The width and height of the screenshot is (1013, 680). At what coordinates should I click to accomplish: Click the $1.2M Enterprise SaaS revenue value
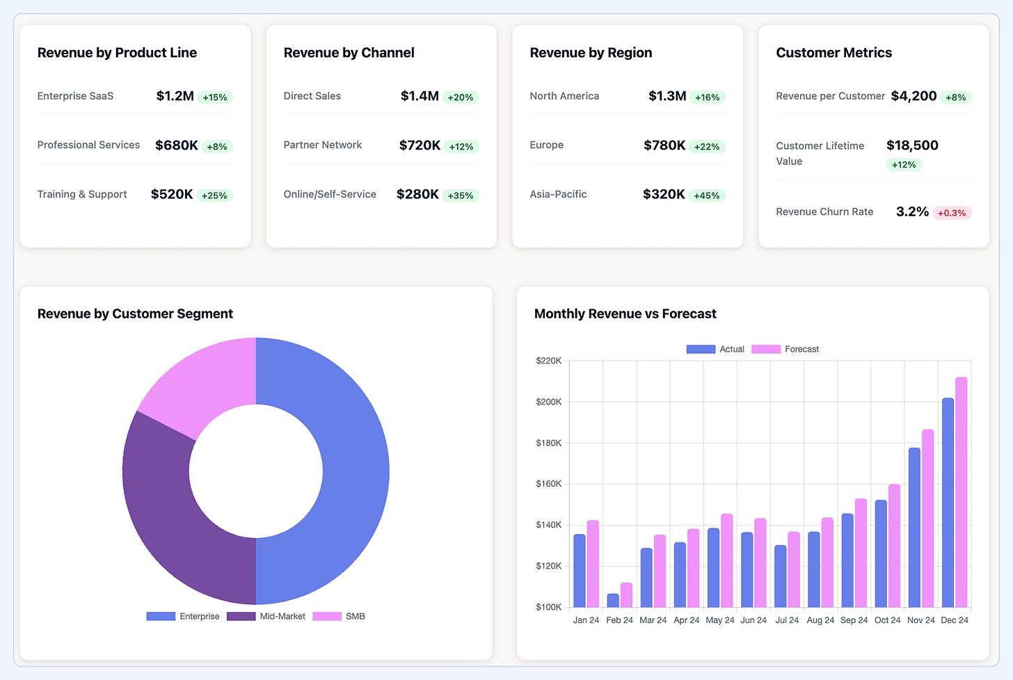[x=175, y=96]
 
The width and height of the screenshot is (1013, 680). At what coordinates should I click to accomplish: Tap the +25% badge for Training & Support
[x=214, y=196]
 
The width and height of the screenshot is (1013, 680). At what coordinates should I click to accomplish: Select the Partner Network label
[x=322, y=145]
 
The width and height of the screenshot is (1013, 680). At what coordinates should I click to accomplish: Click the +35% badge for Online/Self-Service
[x=460, y=196]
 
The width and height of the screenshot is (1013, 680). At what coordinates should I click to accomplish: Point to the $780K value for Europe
[x=664, y=145]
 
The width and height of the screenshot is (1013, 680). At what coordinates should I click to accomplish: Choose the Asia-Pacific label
[x=558, y=195]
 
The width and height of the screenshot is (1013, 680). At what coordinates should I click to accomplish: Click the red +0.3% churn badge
[x=951, y=213]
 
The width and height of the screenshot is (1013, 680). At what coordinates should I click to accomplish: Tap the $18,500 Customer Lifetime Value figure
[x=912, y=145]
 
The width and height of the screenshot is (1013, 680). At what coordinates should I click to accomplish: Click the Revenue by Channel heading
[x=349, y=53]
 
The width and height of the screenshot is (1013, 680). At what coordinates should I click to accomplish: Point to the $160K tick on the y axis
[x=548, y=484]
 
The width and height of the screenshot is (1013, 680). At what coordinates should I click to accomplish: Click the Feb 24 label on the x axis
[x=619, y=620]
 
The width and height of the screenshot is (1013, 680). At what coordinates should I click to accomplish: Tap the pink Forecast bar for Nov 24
[x=927, y=518]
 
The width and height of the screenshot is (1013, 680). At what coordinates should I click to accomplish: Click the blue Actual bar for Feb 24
[x=613, y=600]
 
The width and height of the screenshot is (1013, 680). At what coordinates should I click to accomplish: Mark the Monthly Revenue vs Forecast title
[x=625, y=314]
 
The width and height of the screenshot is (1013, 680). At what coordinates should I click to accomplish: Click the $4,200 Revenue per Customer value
[x=914, y=96]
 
